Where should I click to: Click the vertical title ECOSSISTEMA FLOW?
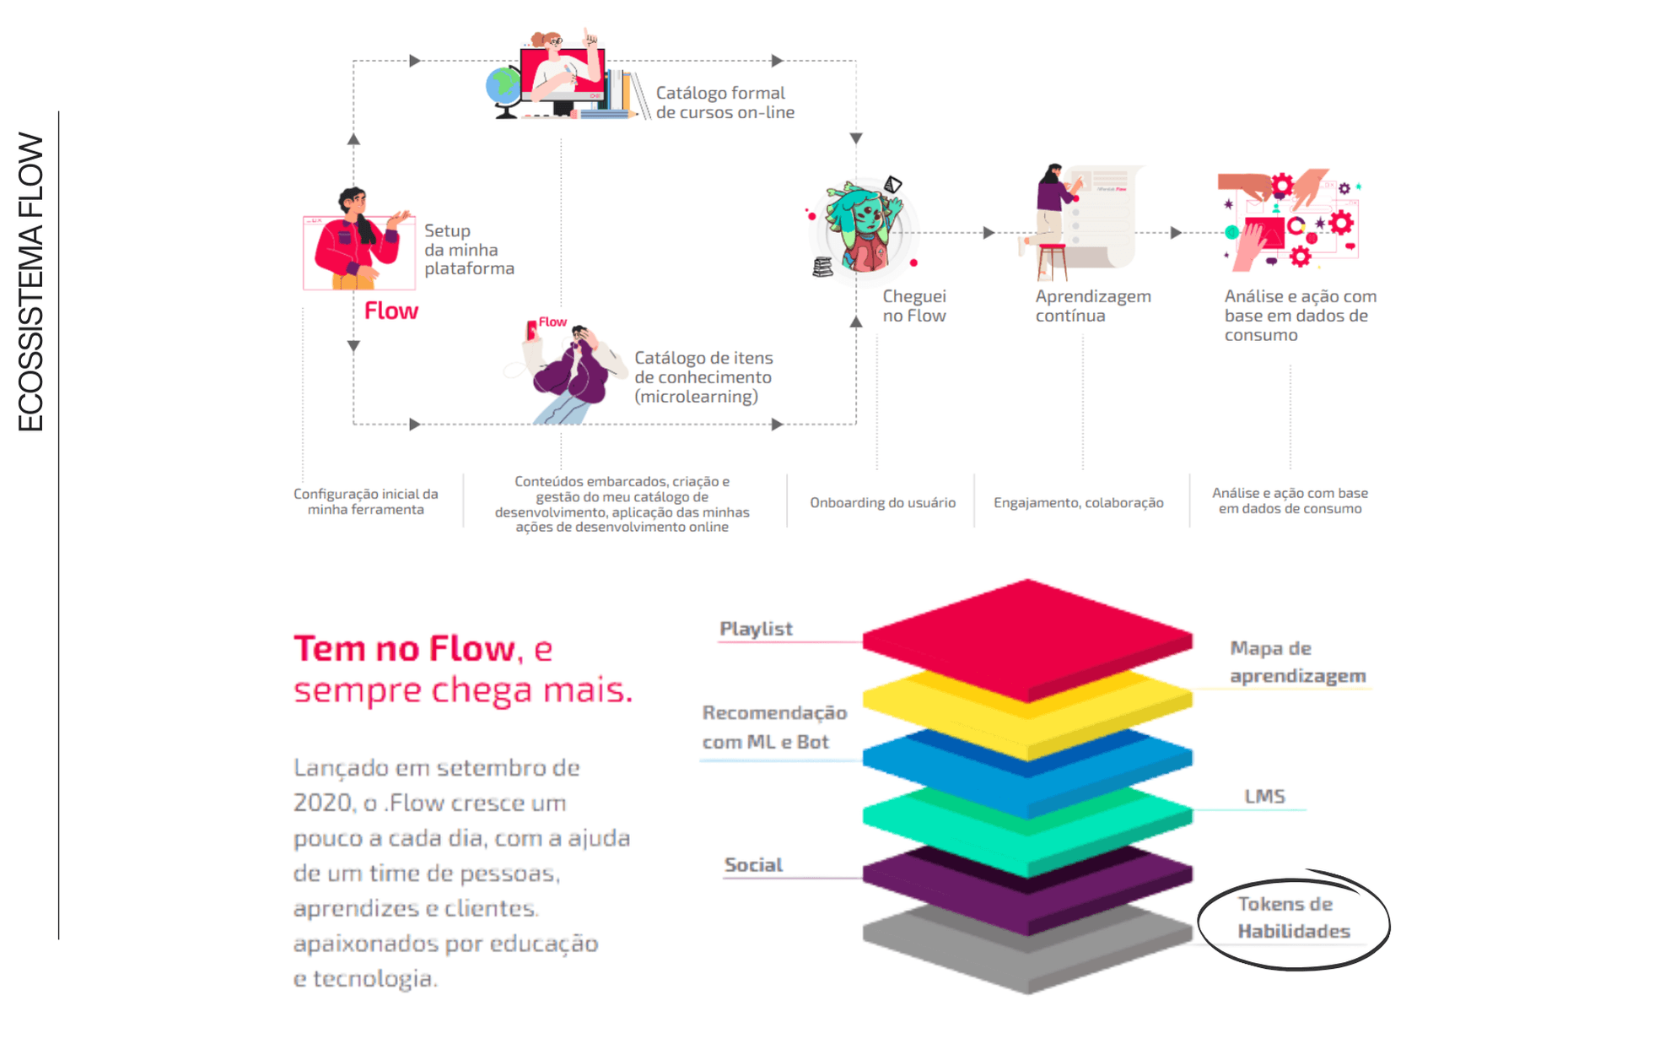30,282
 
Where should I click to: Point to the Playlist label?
756,629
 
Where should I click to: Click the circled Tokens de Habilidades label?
1294,917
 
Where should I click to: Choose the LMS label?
1264,796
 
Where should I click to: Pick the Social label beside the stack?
753,864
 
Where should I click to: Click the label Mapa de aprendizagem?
1297,662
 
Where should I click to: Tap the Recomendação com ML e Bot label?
774,727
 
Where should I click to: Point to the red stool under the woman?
1052,261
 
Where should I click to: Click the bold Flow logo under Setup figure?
391,311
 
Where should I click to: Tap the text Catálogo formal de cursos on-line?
725,102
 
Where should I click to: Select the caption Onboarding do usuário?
883,502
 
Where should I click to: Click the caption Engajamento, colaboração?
1079,502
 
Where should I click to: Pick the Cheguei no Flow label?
914,306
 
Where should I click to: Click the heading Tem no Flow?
404,648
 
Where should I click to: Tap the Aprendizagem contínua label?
1093,306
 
